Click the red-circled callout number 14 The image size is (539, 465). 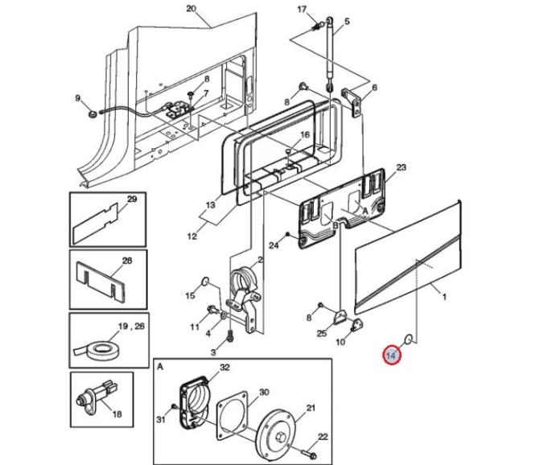(392, 356)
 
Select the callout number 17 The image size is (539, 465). (302, 9)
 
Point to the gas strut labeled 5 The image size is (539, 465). (330, 54)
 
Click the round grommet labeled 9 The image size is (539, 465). (91, 113)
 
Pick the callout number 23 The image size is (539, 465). (401, 167)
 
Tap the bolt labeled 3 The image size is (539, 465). (230, 335)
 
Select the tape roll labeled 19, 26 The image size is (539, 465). (97, 351)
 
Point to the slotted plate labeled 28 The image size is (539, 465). (99, 281)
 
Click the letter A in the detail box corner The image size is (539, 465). (160, 367)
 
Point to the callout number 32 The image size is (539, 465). (224, 367)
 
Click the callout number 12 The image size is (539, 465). (192, 236)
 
